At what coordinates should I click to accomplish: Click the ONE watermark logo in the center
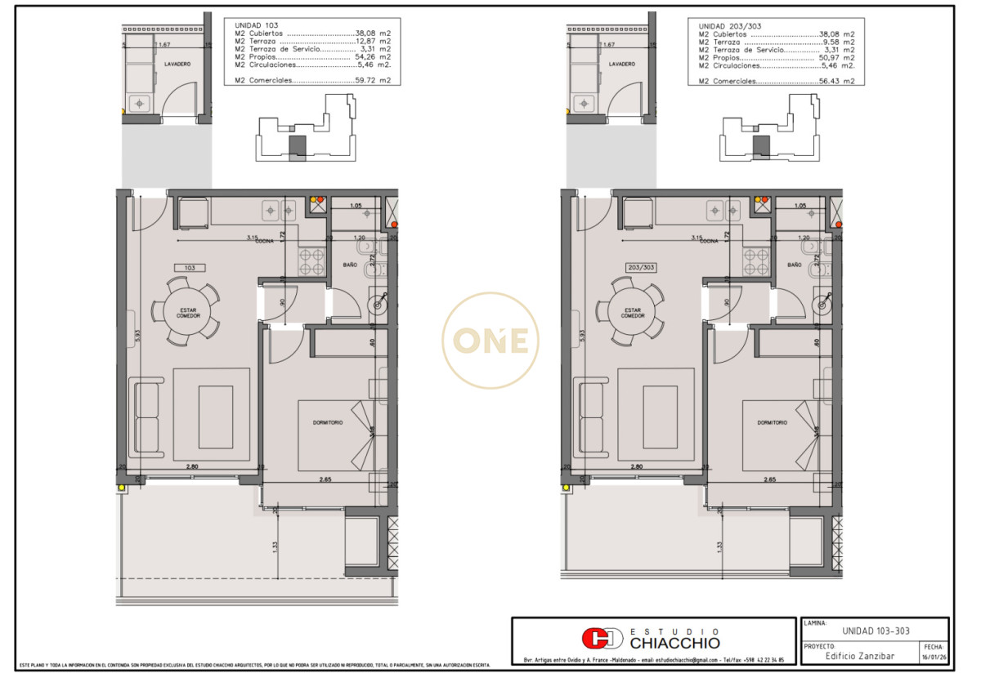tap(490, 341)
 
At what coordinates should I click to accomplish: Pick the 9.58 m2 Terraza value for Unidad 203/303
tap(838, 42)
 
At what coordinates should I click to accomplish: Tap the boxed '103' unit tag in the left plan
tap(189, 267)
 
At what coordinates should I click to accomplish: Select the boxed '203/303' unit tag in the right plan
tap(641, 267)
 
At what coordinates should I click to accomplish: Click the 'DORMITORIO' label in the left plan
tap(328, 422)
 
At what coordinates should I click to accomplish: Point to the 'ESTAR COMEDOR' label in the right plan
tap(633, 313)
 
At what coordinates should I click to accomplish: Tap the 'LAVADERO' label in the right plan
tap(621, 64)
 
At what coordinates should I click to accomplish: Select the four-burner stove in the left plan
tap(311, 261)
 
